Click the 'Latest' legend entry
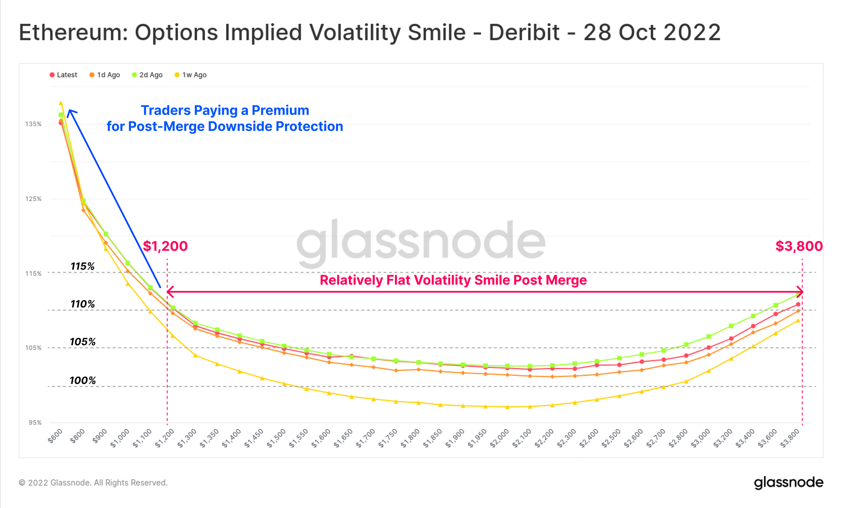point(63,75)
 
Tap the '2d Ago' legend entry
point(147,75)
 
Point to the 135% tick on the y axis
point(33,124)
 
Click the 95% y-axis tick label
point(35,423)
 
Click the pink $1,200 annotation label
point(165,246)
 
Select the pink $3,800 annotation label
point(799,246)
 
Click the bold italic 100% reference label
point(83,380)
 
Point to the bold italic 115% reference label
point(83,266)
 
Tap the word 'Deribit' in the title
point(524,32)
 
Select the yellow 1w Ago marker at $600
point(61,103)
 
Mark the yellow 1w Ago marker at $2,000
point(507,407)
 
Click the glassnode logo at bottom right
point(788,483)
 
